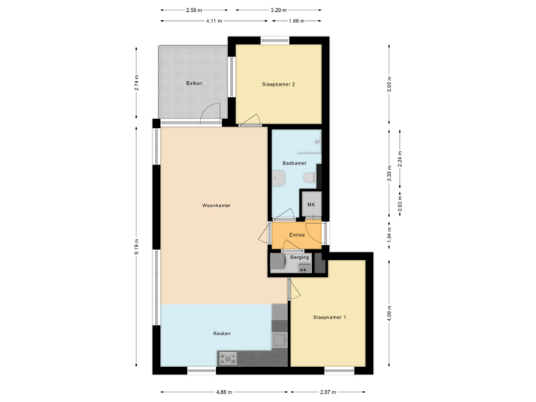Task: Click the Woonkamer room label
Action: [x=215, y=205]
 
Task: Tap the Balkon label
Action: [x=194, y=84]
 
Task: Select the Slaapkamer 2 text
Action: [x=279, y=84]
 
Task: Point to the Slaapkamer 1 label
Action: [x=329, y=318]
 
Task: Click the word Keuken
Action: [x=221, y=334]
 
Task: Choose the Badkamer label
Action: [x=294, y=162]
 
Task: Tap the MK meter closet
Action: [x=311, y=204]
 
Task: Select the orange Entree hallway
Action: [x=297, y=235]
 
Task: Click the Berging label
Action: [x=299, y=258]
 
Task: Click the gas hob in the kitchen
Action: [x=227, y=359]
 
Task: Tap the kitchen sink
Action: [x=280, y=341]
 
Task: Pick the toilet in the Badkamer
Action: [x=308, y=178]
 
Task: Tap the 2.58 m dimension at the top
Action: [x=194, y=10]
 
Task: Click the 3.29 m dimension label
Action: [x=279, y=10]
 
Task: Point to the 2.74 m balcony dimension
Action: [x=135, y=83]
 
